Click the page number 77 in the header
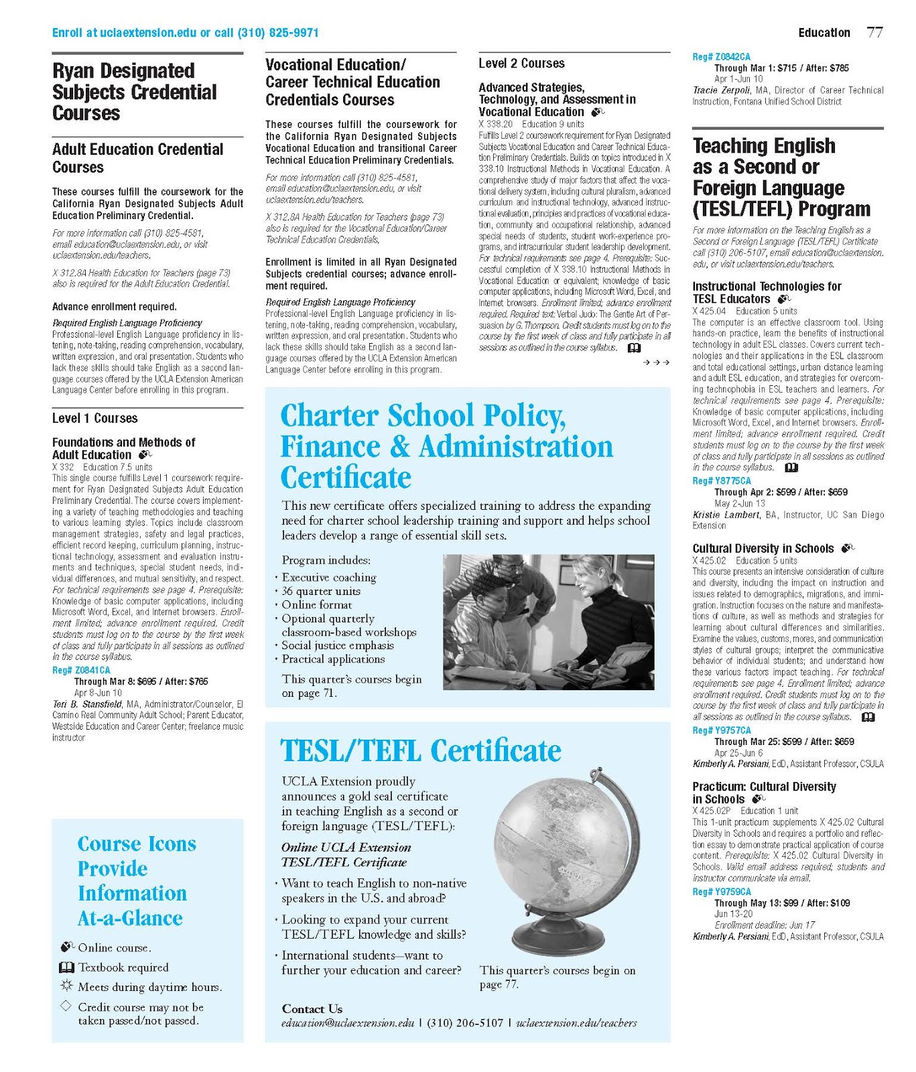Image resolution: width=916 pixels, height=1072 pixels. coord(874,32)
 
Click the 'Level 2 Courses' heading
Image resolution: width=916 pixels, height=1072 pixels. coord(521,64)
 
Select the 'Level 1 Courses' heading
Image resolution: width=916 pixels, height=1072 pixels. coord(94,418)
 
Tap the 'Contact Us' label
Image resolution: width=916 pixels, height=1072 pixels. coord(312,1008)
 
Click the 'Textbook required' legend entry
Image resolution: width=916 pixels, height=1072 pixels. coord(123,967)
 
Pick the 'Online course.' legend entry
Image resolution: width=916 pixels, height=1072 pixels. coord(115,947)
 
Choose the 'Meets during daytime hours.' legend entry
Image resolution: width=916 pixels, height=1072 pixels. coord(149,987)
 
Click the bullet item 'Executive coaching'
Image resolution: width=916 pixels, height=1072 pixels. coord(328,577)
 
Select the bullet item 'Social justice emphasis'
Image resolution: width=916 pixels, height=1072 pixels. coord(337,645)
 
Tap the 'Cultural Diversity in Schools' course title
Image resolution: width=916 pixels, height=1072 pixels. coord(763,548)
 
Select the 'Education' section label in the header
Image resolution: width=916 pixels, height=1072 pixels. coord(824,33)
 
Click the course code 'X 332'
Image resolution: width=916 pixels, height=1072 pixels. coord(63,467)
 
